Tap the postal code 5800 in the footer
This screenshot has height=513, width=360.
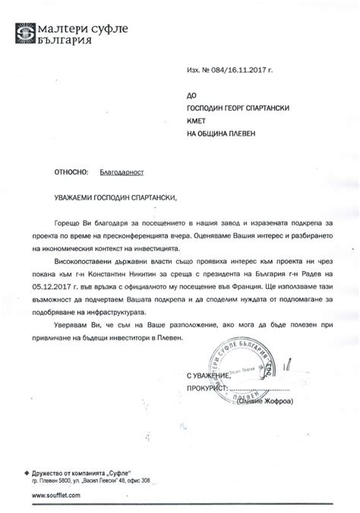[x=69, y=480]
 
